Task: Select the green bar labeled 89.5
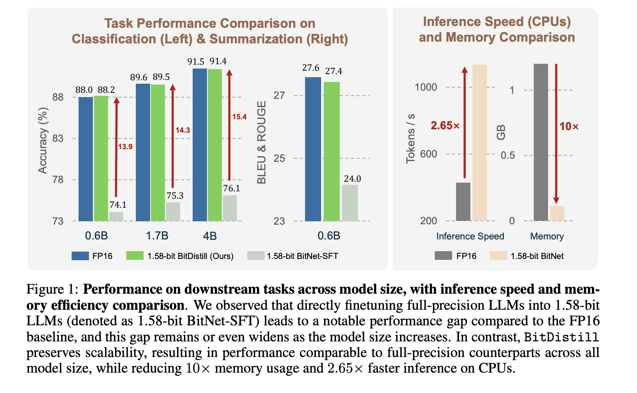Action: [158, 153]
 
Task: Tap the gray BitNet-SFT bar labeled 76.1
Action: [230, 208]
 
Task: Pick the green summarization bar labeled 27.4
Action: [332, 151]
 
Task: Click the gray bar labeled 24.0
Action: [350, 203]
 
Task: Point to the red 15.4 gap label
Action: [239, 117]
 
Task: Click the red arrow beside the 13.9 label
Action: [116, 147]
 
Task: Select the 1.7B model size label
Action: [157, 236]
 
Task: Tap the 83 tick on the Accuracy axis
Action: [58, 138]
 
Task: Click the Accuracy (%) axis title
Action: [43, 140]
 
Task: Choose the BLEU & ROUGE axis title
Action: [262, 142]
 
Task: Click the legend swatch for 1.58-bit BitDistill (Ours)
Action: [135, 255]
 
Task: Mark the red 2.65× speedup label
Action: [445, 126]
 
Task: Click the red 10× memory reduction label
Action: [569, 127]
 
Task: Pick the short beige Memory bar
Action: [557, 213]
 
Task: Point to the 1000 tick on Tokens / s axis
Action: [426, 87]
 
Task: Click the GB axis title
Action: [501, 132]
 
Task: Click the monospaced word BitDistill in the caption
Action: [561, 337]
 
